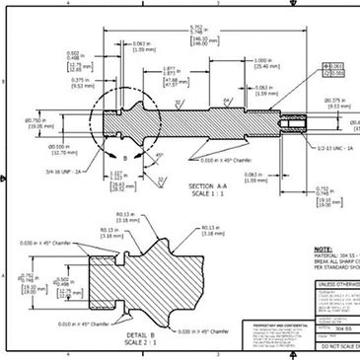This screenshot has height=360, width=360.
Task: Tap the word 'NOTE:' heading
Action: click(x=324, y=250)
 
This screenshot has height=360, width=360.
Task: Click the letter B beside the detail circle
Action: click(x=124, y=157)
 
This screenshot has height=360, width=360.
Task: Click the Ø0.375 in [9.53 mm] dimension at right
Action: click(x=338, y=103)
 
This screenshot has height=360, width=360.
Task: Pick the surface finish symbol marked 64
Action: click(x=227, y=101)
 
